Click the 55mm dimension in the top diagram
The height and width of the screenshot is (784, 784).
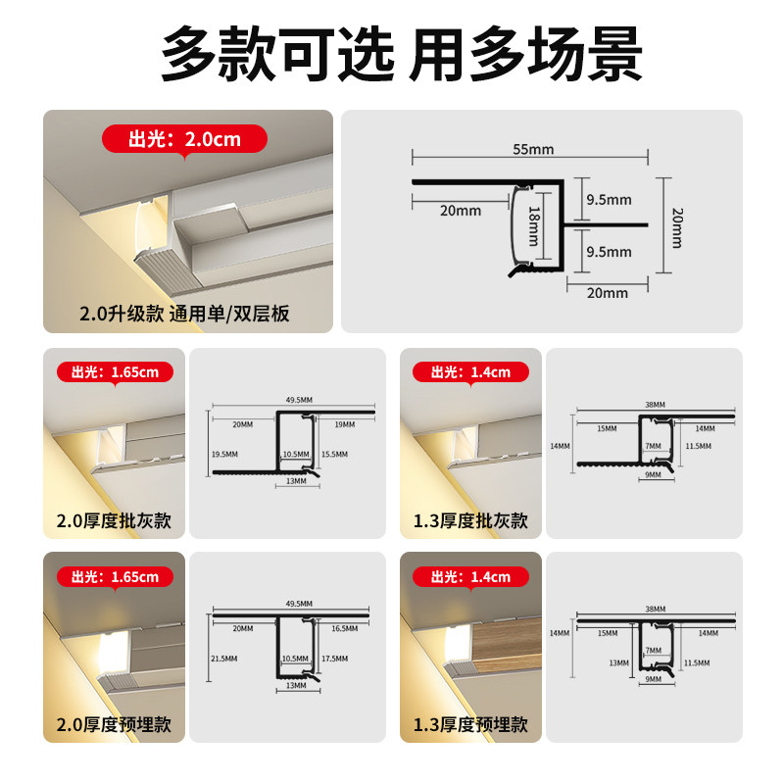click(x=533, y=149)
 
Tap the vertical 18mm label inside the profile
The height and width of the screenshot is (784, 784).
click(x=534, y=225)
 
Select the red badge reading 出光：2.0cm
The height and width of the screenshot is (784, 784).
click(x=184, y=139)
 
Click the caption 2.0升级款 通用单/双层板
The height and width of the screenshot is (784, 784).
click(x=185, y=315)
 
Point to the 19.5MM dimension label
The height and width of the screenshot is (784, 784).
click(x=224, y=455)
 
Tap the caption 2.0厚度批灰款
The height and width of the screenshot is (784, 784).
click(x=113, y=520)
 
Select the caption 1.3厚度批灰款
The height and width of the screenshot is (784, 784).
click(x=469, y=520)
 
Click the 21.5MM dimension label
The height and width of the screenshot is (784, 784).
click(x=224, y=658)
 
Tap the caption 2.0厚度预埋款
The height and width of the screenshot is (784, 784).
click(x=113, y=724)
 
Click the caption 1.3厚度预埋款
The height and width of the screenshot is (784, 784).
click(x=469, y=724)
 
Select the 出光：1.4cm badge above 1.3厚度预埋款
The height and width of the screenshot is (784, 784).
click(x=470, y=576)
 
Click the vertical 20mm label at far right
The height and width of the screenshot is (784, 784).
click(x=676, y=226)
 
